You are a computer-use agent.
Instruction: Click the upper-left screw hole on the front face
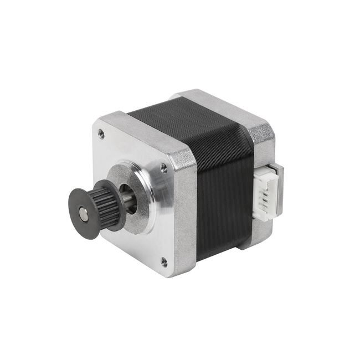click(x=101, y=132)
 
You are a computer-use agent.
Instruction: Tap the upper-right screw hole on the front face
click(x=163, y=167)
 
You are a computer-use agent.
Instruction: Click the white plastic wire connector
click(x=267, y=194)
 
